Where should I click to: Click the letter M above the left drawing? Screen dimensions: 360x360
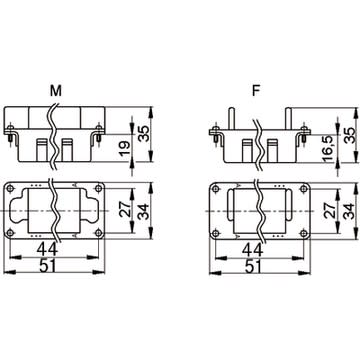(x=56, y=91)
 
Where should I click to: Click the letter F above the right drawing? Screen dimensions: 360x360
(x=256, y=91)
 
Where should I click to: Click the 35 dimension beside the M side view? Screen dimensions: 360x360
(x=144, y=133)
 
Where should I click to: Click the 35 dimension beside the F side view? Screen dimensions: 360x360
(x=349, y=133)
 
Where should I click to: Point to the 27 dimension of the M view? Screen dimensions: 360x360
(x=126, y=209)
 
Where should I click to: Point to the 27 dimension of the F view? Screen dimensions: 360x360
(x=331, y=210)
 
